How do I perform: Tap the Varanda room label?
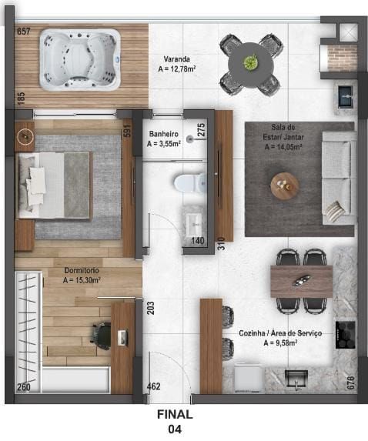(x=178, y=58)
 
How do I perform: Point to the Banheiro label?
(x=164, y=133)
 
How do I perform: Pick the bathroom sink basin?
(x=192, y=224)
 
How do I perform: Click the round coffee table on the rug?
(x=284, y=185)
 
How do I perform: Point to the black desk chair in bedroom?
(x=101, y=335)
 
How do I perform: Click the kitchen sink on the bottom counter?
(x=296, y=379)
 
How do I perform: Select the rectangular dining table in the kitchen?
(x=301, y=281)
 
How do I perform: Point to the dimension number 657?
(x=23, y=32)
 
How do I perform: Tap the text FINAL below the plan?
(x=175, y=414)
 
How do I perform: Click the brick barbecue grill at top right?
(x=342, y=58)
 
